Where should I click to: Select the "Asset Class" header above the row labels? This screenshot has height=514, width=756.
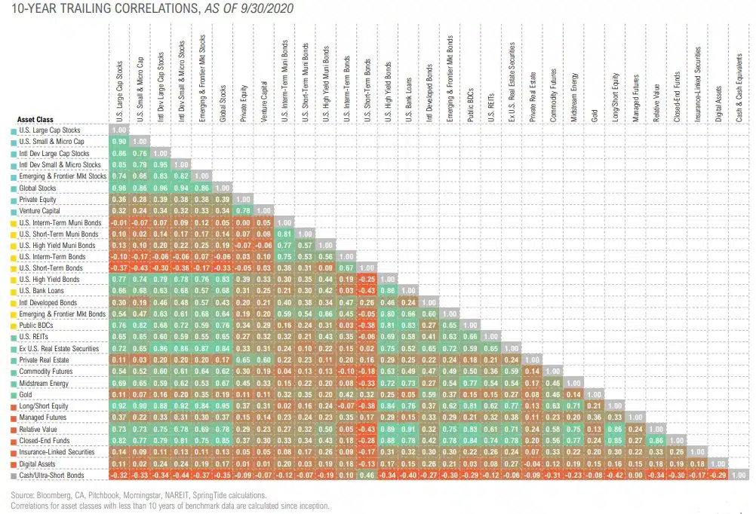[x=35, y=119]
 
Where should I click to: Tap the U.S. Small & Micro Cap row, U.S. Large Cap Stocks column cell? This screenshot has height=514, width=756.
[x=119, y=141]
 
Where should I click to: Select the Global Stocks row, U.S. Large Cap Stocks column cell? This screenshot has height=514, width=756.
[x=119, y=188]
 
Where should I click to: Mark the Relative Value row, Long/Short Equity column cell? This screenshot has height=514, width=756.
[x=616, y=428]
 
